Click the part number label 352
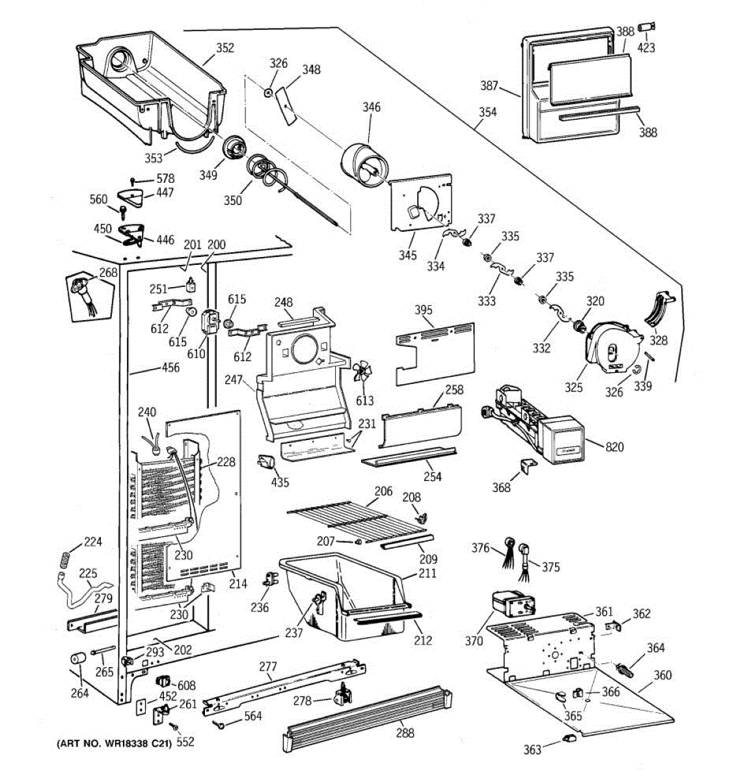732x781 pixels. coord(225,48)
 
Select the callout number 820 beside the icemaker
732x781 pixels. coord(615,447)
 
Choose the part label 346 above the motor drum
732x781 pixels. coord(372,107)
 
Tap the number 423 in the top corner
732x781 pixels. coord(646,48)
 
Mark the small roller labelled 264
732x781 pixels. coord(77,659)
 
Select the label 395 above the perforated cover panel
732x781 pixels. coord(423,310)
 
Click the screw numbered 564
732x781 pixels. coord(218,723)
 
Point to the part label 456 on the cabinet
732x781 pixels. coord(170,368)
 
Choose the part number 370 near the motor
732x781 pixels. coord(474,641)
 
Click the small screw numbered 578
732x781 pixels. coord(133,182)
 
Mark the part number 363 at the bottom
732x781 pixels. coord(532,761)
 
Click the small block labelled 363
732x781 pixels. coord(568,749)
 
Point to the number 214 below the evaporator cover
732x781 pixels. coord(238,584)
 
